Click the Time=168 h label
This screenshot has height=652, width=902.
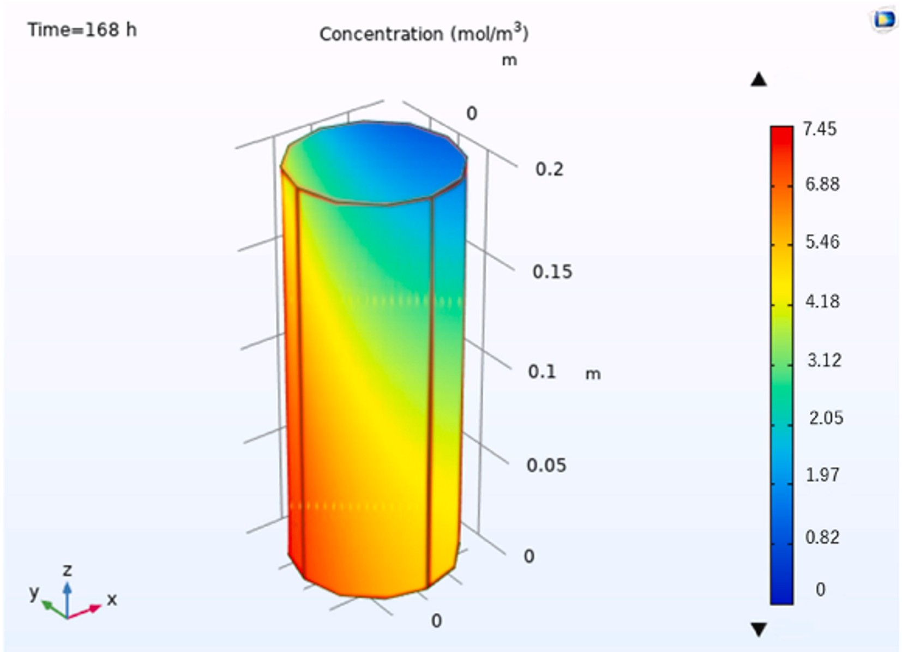82,29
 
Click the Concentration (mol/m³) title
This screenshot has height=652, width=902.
424,34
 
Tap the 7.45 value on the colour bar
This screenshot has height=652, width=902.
819,129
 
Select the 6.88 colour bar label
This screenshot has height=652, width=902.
822,184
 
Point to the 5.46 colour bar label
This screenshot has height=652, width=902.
822,242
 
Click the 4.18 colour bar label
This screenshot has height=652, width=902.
822,301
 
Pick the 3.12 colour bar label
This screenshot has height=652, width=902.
824,360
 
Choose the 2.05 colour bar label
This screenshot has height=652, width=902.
826,418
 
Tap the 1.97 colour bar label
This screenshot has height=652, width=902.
822,475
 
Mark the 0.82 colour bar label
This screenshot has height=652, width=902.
822,537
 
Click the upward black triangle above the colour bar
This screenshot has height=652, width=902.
759,80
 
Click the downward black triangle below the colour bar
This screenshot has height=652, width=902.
759,630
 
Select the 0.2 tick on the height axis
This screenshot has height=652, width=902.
549,169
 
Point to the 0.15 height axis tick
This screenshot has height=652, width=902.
552,271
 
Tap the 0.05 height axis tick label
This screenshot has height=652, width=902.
546,465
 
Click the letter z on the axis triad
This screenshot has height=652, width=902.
67,570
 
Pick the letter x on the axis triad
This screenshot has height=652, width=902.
112,599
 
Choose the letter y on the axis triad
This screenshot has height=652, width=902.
34,591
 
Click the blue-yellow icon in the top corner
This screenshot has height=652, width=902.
883,20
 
